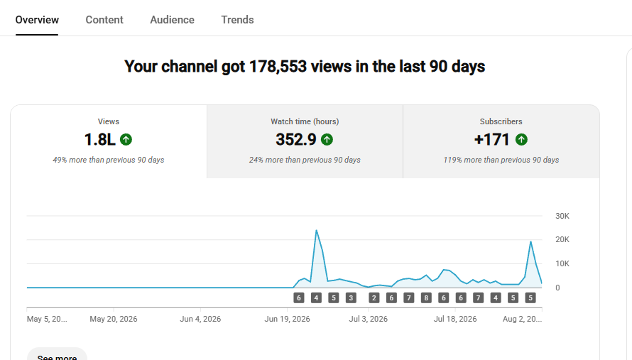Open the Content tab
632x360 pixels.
[x=104, y=20]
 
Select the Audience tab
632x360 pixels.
[x=172, y=20]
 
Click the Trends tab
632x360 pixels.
[x=237, y=20]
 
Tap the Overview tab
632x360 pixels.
[x=37, y=20]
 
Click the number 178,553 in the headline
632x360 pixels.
[x=278, y=67]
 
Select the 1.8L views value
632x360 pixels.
[x=99, y=139]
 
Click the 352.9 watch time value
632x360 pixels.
[x=296, y=139]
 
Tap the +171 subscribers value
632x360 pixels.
[x=491, y=139]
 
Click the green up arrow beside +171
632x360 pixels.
[x=521, y=139]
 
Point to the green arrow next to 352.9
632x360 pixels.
[x=327, y=139]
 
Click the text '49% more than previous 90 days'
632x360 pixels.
[x=109, y=160]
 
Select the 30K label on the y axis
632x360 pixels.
[x=562, y=216]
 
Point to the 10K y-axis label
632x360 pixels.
[x=562, y=263]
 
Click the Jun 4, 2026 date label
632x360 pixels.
[x=200, y=319]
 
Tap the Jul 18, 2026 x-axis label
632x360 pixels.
[x=455, y=319]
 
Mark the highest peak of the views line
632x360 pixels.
[x=317, y=230]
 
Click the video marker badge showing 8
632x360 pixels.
[x=426, y=298]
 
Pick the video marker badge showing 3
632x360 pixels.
[x=351, y=298]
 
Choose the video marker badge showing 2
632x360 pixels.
[x=374, y=298]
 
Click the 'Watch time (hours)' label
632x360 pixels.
[x=305, y=121]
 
